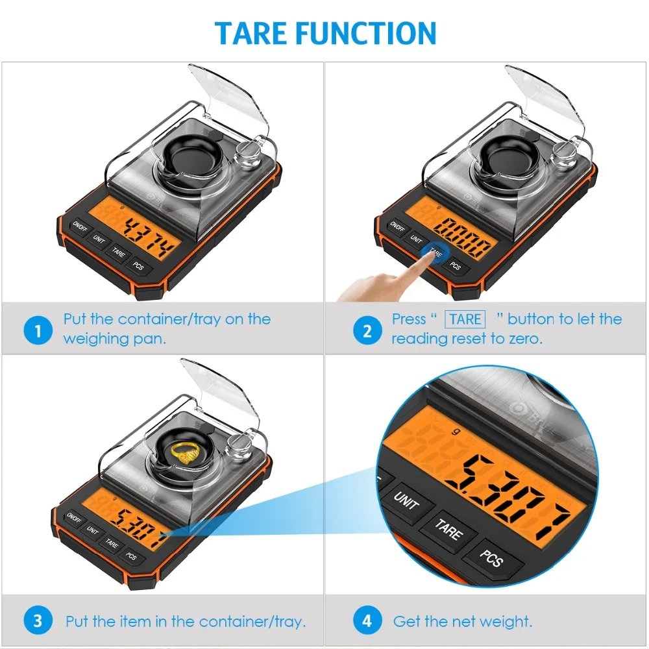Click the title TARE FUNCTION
[x=325, y=32]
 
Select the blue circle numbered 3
[x=38, y=620]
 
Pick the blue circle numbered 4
[x=367, y=620]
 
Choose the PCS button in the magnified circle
[x=491, y=557]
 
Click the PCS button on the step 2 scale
[x=456, y=266]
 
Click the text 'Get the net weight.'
[x=462, y=621]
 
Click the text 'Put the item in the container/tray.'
[x=185, y=621]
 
